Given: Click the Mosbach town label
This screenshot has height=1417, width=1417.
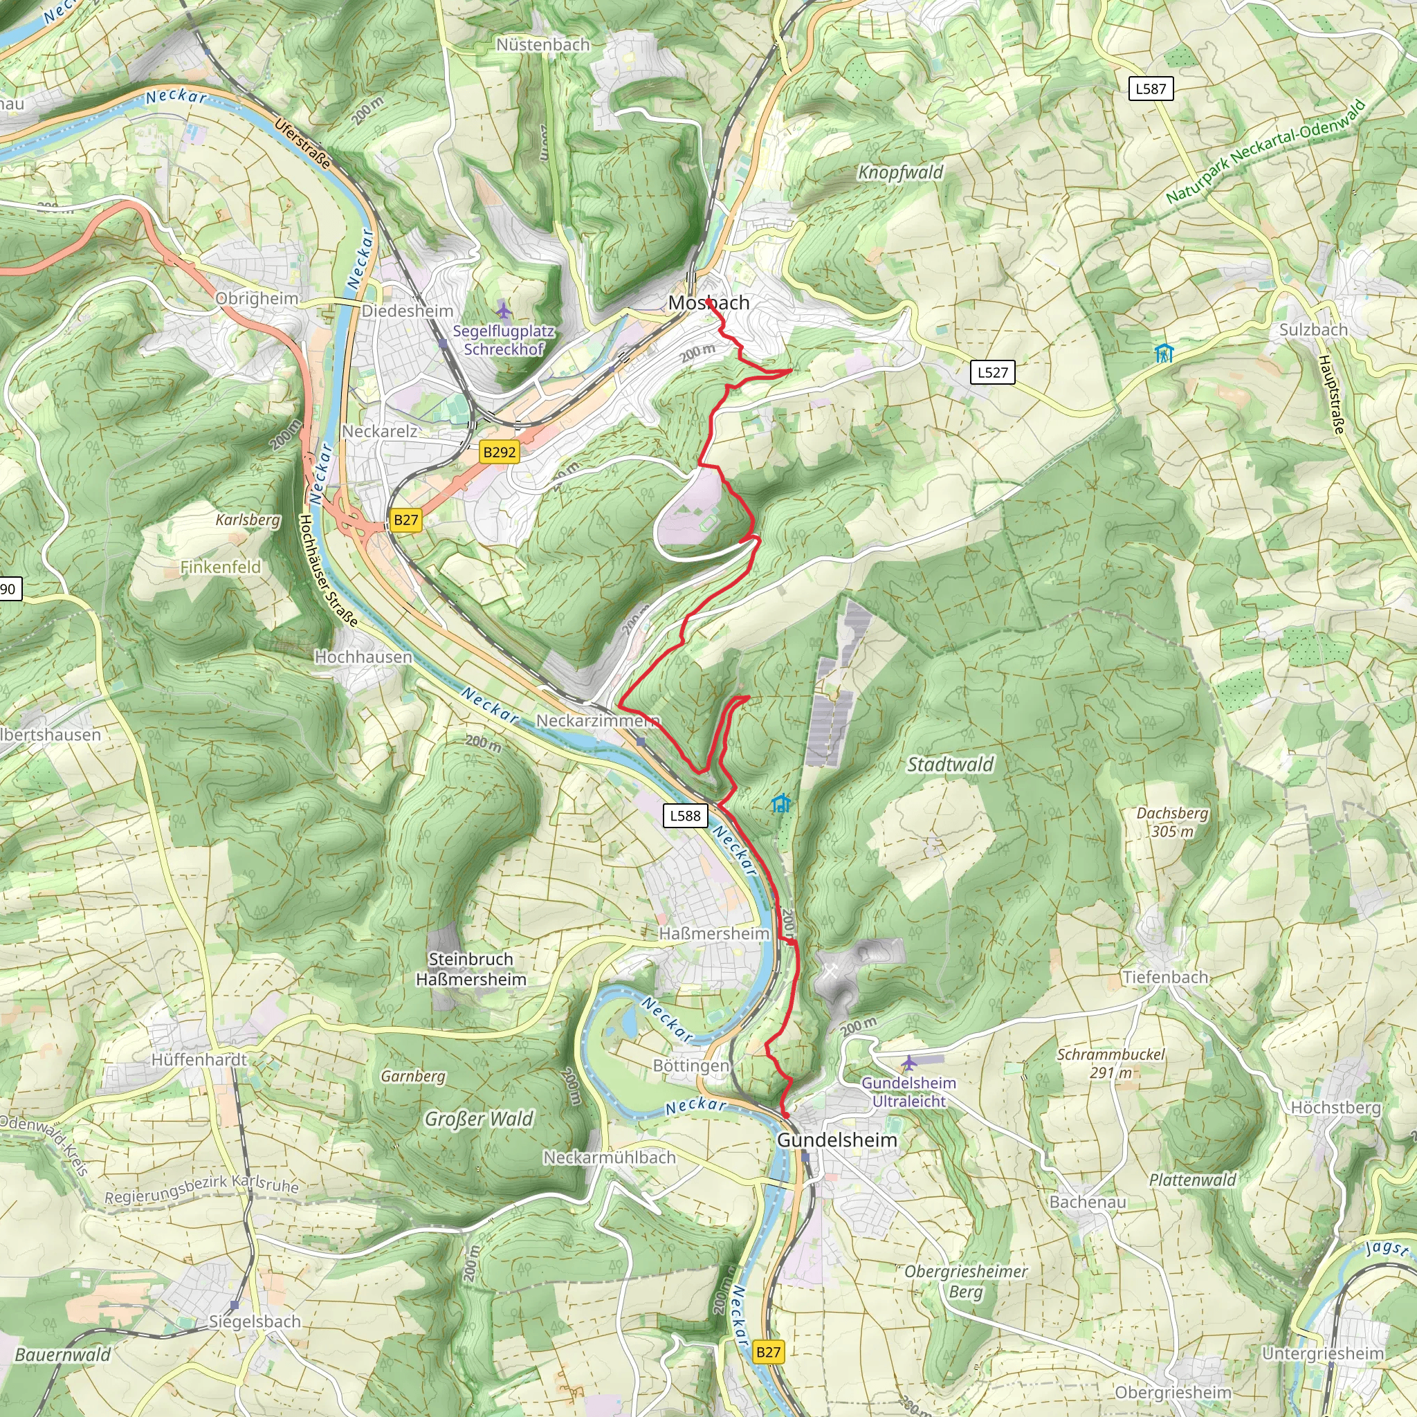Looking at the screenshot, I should tap(708, 303).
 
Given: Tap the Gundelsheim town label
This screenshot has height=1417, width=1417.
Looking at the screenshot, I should tap(837, 1140).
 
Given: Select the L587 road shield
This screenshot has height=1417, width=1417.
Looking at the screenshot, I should tap(1150, 89).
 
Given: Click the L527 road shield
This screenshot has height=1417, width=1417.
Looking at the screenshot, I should tap(992, 373).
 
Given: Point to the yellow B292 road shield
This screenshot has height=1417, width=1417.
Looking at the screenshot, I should tap(500, 452).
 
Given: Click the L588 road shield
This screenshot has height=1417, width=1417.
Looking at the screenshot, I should tap(685, 816).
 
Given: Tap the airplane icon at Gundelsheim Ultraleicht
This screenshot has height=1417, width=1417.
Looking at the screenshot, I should tap(908, 1063).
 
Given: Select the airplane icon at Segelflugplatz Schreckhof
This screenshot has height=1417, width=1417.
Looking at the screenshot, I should tap(503, 309).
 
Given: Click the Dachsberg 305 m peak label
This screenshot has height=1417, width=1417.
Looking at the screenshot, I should tap(1172, 821).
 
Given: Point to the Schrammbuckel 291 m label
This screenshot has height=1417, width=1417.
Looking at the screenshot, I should tap(1110, 1063).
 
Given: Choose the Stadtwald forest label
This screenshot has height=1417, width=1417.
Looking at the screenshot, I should tap(950, 765).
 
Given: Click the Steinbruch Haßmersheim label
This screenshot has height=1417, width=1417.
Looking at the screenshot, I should tap(471, 969).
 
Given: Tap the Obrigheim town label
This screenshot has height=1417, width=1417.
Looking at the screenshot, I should tap(257, 298).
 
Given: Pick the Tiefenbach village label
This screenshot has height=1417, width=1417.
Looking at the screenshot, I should tap(1165, 977).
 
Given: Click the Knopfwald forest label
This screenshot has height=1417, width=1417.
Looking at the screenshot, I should tap(901, 172).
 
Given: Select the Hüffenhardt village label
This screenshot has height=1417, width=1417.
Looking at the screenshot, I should tap(199, 1060).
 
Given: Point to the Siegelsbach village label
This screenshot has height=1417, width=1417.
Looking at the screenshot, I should tap(255, 1322).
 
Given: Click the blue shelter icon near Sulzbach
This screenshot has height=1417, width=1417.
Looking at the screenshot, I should tap(1163, 354).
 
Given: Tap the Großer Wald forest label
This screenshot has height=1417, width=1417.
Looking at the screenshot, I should tap(479, 1119).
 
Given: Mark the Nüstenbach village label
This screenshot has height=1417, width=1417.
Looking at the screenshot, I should tap(542, 45).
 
